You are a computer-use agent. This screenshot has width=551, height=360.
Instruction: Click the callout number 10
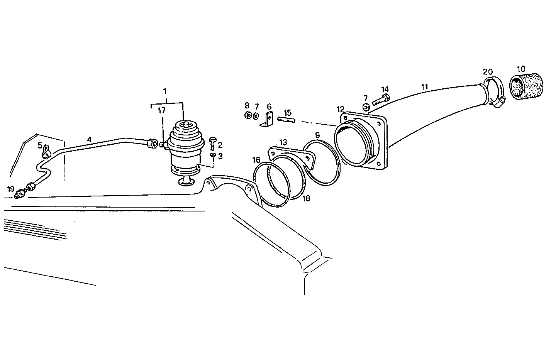pyautogui.click(x=521, y=69)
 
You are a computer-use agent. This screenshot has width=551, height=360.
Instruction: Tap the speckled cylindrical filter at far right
pyautogui.click(x=523, y=87)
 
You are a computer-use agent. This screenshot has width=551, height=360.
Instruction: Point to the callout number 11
pyautogui.click(x=425, y=87)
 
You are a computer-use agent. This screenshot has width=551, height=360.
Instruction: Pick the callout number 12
pyautogui.click(x=340, y=110)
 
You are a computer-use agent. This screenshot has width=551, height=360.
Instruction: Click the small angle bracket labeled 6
pyautogui.click(x=268, y=119)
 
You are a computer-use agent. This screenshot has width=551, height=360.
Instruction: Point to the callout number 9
pyautogui.click(x=317, y=135)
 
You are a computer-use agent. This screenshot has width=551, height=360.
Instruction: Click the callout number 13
pyautogui.click(x=283, y=142)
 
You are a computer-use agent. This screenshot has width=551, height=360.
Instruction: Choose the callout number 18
pyautogui.click(x=306, y=198)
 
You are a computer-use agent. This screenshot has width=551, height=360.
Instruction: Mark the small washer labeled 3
pyautogui.click(x=213, y=155)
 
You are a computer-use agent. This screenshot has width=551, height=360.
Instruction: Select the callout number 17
pyautogui.click(x=161, y=110)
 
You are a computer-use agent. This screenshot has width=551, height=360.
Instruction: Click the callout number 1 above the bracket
pyautogui.click(x=165, y=91)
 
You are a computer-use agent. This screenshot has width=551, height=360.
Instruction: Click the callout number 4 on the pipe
pyautogui.click(x=89, y=139)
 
